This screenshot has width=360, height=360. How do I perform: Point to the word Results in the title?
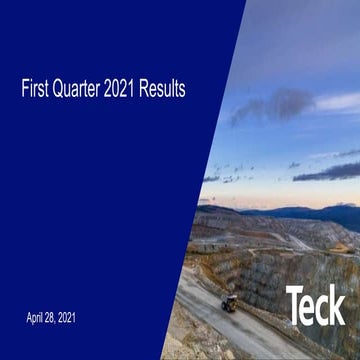(165, 90)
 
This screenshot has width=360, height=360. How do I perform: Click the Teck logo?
(315, 305)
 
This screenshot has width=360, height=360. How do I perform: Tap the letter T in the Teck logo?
(296, 305)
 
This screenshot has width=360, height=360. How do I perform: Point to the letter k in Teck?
(338, 305)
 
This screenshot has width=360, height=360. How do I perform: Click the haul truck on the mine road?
(229, 302)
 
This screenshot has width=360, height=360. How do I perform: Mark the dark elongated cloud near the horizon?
(329, 171)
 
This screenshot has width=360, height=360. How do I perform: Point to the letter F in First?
(25, 90)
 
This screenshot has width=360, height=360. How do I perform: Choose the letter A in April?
(29, 318)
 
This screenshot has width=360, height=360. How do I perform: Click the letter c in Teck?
(323, 308)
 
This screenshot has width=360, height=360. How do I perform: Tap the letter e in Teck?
(310, 308)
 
